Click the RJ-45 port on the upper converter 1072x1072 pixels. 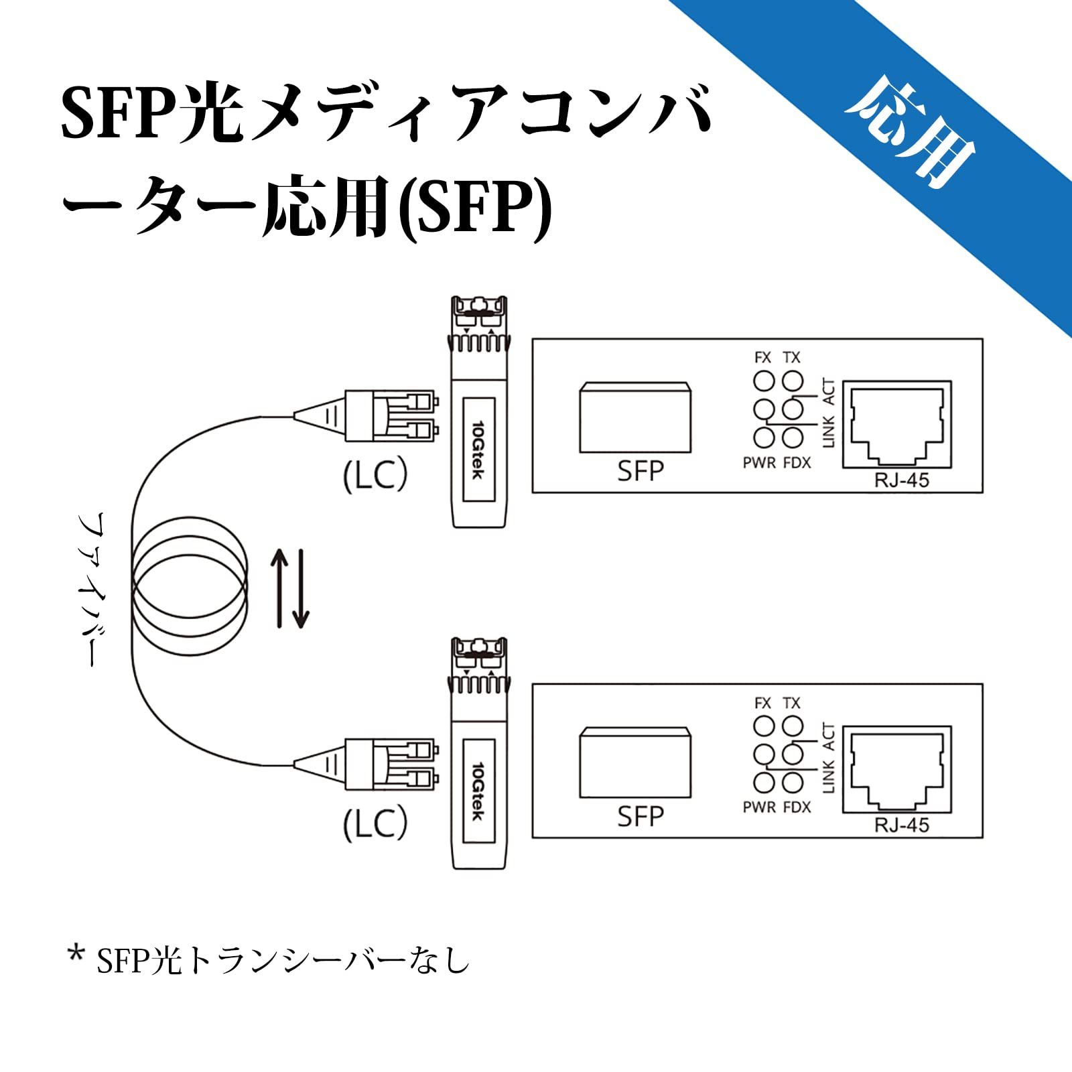[896, 423]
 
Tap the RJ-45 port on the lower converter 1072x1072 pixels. [896, 768]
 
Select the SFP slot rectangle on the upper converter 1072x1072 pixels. [634, 417]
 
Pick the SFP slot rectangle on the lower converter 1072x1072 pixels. [634, 762]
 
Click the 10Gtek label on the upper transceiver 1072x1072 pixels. [478, 450]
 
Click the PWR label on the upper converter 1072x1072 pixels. [759, 462]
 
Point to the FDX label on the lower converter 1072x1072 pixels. [797, 807]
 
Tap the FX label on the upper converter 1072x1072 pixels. [762, 358]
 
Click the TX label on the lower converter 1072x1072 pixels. [792, 703]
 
